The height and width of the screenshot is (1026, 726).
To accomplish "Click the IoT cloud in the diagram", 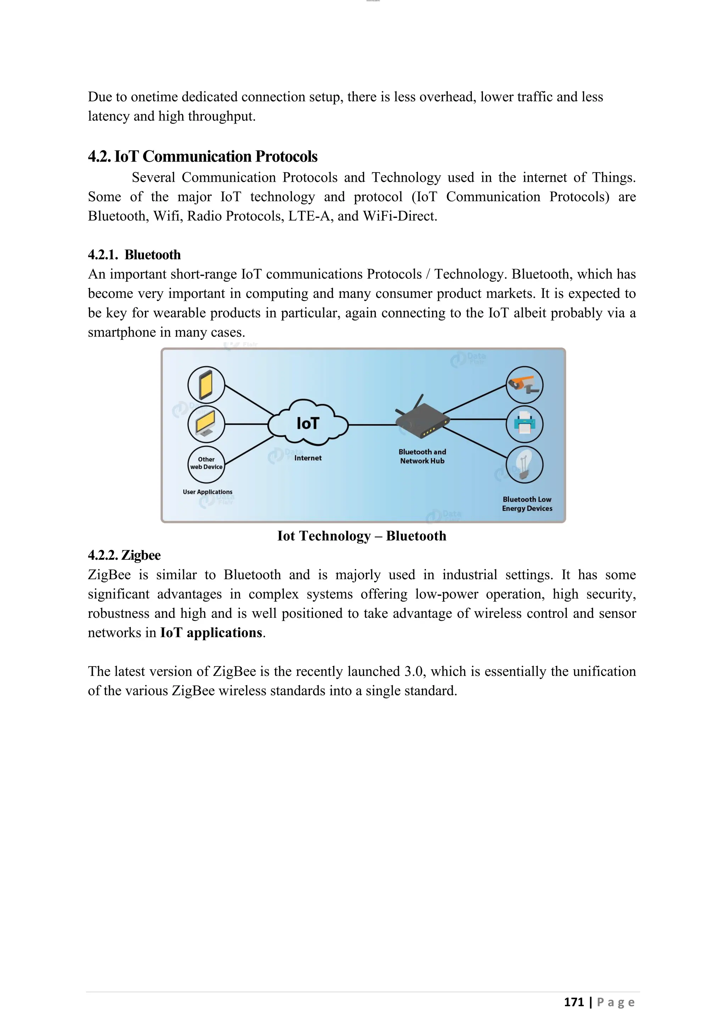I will [x=308, y=423].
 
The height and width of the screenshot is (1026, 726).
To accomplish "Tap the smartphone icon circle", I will [x=206, y=385].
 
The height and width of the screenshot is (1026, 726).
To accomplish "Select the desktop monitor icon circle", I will [x=206, y=424].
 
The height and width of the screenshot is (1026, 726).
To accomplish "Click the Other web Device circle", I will [x=206, y=464].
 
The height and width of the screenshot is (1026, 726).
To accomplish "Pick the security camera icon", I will [x=524, y=385].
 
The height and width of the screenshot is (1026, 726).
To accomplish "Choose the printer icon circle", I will [x=524, y=424].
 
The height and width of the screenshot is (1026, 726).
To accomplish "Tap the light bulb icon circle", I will [x=524, y=465].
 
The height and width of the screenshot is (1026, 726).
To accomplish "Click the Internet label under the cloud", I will [x=308, y=458].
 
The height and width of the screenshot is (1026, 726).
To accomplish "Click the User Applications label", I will [x=207, y=492].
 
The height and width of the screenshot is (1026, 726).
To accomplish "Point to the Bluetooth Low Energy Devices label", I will [x=527, y=504].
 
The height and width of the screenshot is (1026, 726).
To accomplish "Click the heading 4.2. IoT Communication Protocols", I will [x=202, y=156].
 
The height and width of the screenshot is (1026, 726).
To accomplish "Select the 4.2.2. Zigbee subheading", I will [x=124, y=555].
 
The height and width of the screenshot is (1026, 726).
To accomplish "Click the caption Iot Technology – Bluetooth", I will [x=362, y=536].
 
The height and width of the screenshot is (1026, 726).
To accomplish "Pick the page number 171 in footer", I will [x=574, y=1002].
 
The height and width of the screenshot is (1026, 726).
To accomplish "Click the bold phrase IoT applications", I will [x=211, y=633].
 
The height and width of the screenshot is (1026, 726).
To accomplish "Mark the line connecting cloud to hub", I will [x=372, y=424].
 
